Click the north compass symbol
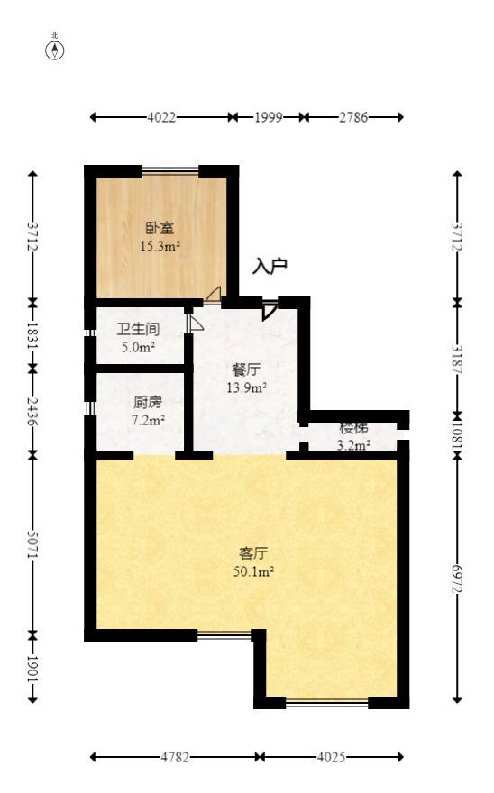(x=55, y=50)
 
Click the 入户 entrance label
(x=270, y=266)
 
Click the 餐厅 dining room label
(x=246, y=369)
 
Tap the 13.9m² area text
(x=246, y=387)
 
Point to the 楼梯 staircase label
(x=353, y=428)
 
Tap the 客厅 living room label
(x=254, y=552)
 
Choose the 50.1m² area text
(x=254, y=570)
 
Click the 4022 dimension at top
(x=161, y=117)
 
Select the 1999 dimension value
(x=269, y=117)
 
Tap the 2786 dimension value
(x=352, y=117)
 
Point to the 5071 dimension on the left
(x=32, y=544)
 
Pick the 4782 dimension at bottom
(x=176, y=757)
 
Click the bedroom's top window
(x=169, y=170)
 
